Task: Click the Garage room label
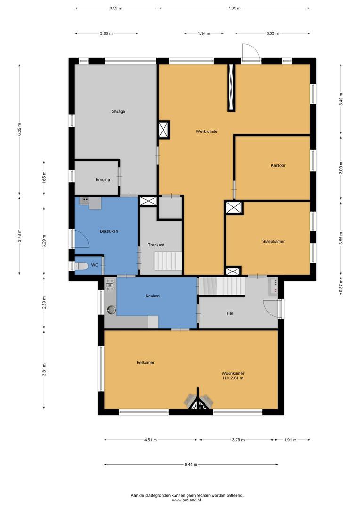pos(118,111)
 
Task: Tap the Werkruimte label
pos(206,131)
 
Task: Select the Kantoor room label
pos(278,165)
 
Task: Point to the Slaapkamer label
pos(273,241)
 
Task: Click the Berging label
pos(103,180)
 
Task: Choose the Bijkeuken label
pos(109,231)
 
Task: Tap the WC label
pos(94,265)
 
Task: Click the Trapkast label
pos(156,245)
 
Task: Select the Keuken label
pos(153,296)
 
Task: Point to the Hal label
pos(230,313)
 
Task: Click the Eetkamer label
pos(146,362)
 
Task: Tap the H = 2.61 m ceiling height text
pos(233,378)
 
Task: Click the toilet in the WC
pos(82,266)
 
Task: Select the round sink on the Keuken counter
pos(111,310)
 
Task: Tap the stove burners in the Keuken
pos(109,285)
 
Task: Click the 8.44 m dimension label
pos(191,465)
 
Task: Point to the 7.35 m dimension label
pos(234,8)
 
